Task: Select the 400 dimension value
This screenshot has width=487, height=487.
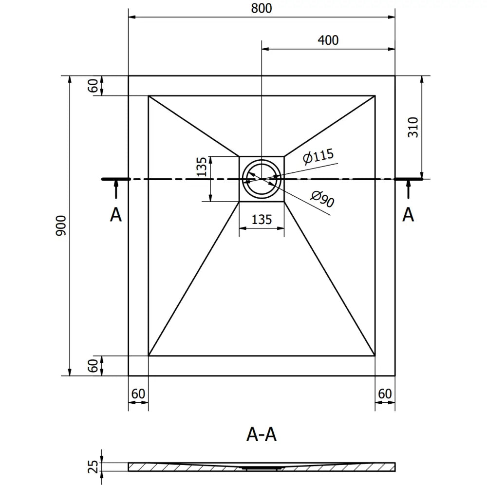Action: (x=328, y=40)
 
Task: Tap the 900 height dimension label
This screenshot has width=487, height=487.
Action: (x=61, y=226)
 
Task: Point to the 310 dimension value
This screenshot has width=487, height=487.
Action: (x=412, y=128)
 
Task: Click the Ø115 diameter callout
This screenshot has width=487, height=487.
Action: (x=318, y=157)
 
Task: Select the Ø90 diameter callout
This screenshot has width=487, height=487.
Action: (x=322, y=199)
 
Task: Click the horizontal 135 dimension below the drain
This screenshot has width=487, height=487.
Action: (x=262, y=220)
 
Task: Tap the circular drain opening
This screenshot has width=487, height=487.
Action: (x=262, y=179)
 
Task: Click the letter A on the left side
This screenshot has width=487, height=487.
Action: (x=115, y=214)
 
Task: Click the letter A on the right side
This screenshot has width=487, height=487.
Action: (x=408, y=214)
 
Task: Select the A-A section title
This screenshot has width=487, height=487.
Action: (x=262, y=434)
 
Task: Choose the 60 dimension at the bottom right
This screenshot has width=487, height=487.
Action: (x=385, y=393)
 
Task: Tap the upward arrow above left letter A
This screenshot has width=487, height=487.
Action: (x=115, y=189)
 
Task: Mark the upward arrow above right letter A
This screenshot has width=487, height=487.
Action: (x=408, y=189)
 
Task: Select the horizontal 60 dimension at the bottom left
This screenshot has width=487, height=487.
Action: (x=138, y=393)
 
